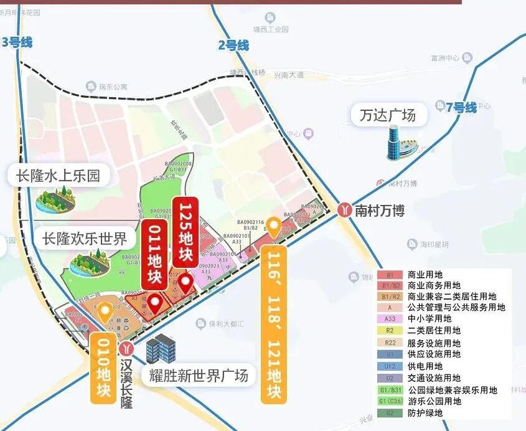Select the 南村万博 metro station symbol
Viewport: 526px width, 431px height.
[344, 210]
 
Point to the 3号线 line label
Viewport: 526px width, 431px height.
[17, 42]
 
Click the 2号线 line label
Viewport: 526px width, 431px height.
[233, 45]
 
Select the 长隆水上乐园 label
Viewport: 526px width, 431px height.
[58, 176]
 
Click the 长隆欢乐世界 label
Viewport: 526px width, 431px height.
[85, 239]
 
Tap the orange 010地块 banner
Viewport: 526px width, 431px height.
[103, 367]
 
